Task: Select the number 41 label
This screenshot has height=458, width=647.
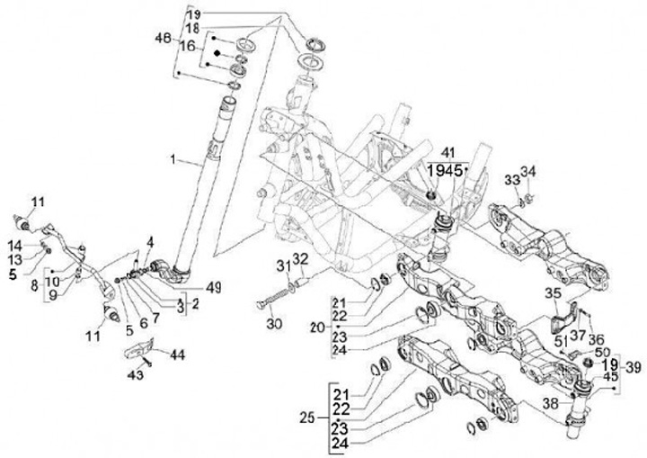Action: (448, 153)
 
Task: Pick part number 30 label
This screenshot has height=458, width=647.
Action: (273, 324)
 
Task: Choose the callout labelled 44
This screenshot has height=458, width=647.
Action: (176, 355)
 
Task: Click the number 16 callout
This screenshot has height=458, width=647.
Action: (187, 45)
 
